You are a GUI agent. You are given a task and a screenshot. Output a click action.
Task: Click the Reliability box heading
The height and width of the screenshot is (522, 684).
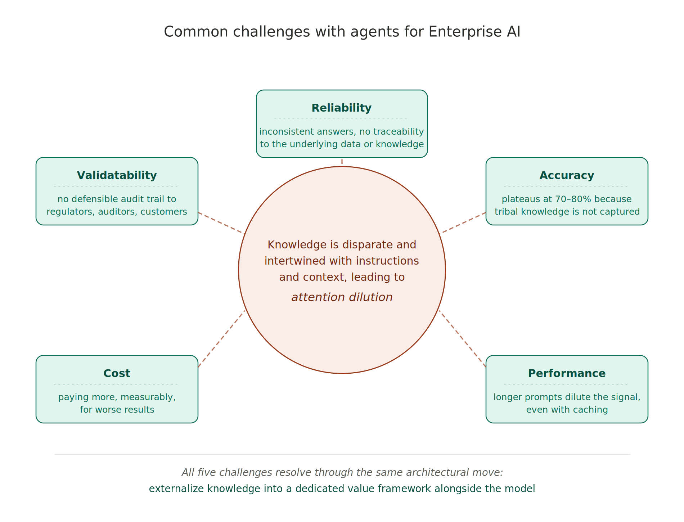coord(341,108)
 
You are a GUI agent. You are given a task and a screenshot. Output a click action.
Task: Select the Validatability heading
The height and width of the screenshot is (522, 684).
coord(117,175)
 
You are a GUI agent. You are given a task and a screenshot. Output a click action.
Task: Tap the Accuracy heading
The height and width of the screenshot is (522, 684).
coord(567,175)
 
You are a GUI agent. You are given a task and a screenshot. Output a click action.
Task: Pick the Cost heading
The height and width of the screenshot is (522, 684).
coord(117,373)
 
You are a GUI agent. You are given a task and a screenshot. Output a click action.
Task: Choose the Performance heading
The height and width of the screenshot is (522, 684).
coord(567,373)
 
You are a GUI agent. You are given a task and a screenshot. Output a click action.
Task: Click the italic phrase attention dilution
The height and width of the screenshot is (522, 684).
coord(342,297)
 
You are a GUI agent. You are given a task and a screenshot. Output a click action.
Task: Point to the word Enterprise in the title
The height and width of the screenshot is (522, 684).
coord(465,32)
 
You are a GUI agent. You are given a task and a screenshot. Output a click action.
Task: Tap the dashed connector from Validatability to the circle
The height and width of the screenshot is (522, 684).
coord(221,223)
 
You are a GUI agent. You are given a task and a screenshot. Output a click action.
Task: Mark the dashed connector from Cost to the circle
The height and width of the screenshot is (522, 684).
coord(221,339)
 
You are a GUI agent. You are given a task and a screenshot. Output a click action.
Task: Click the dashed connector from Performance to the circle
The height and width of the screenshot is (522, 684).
coord(462,339)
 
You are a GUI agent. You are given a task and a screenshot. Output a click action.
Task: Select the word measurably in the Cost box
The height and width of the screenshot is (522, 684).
coord(148,397)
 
